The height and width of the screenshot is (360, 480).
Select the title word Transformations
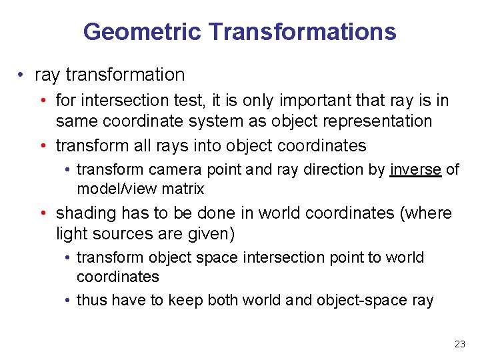tap(302, 31)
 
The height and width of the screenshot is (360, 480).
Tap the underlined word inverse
tap(415, 169)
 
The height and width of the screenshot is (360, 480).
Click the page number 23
tap(459, 344)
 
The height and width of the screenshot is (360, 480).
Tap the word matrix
tap(181, 189)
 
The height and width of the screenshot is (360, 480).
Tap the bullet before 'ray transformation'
tap(23, 75)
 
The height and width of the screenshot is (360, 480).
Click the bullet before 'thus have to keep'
tap(69, 300)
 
